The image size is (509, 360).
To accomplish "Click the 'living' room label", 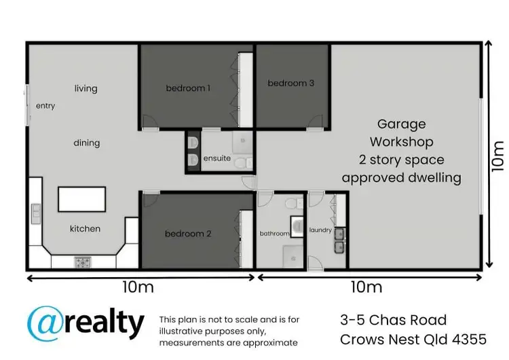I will pyautogui.click(x=86, y=88).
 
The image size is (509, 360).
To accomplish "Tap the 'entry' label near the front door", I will pyautogui.click(x=45, y=106).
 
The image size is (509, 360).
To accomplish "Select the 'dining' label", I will pyautogui.click(x=87, y=143).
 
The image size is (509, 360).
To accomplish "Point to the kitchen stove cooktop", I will pyautogui.click(x=82, y=262).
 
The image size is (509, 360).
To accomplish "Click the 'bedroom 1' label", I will pyautogui.click(x=188, y=88).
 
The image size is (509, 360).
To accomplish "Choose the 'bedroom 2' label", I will pyautogui.click(x=188, y=234).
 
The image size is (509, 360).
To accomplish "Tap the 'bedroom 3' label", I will pyautogui.click(x=291, y=83).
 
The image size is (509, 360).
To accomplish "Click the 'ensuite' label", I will pyautogui.click(x=217, y=159).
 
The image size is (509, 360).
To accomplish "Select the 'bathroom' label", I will pyautogui.click(x=275, y=234).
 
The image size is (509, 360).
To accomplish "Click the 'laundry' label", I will pyautogui.click(x=321, y=230).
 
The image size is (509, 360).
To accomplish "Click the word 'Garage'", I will pyautogui.click(x=402, y=124).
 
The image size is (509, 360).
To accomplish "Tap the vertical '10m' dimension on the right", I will pyautogui.click(x=499, y=155).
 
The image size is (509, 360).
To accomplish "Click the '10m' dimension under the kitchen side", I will pyautogui.click(x=138, y=287).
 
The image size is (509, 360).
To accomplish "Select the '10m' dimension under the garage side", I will pyautogui.click(x=366, y=287).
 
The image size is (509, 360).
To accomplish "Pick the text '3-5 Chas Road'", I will pyautogui.click(x=393, y=320).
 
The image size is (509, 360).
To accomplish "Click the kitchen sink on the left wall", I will pyautogui.click(x=35, y=213).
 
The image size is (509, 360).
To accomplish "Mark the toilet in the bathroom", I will pyautogui.click(x=293, y=203).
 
